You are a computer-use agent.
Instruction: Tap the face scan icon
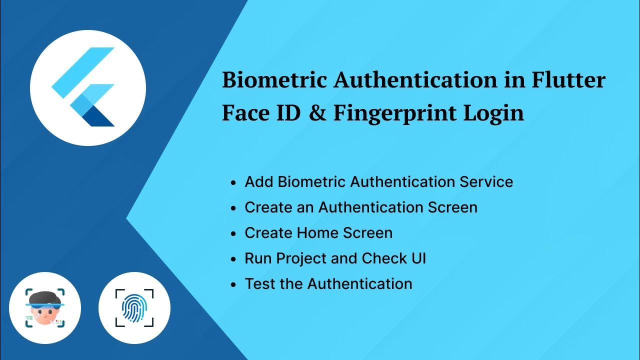pyautogui.click(x=45, y=308)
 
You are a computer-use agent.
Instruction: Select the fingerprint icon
pyautogui.click(x=134, y=308)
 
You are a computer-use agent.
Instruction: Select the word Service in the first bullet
pyautogui.click(x=486, y=181)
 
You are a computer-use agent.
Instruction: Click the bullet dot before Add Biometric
pyautogui.click(x=233, y=182)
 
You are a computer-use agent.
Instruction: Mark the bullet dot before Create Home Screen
pyautogui.click(x=233, y=233)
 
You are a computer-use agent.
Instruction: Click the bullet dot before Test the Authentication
pyautogui.click(x=233, y=284)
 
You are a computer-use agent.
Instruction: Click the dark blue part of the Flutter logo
pyautogui.click(x=100, y=119)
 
